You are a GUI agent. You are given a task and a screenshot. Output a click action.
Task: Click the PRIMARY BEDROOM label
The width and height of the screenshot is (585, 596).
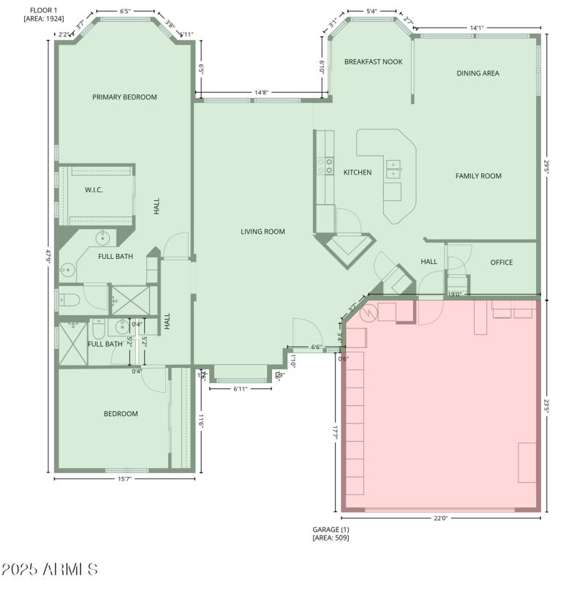pos(124,97)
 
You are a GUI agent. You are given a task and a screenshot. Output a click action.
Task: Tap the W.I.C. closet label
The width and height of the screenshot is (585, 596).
pos(94,190)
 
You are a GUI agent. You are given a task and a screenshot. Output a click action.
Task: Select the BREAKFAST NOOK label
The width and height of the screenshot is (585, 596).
pos(374,62)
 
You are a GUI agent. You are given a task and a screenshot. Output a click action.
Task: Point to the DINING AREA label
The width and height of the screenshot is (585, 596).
pos(478,73)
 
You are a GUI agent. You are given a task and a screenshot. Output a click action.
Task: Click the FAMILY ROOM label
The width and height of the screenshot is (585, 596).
pos(478,176)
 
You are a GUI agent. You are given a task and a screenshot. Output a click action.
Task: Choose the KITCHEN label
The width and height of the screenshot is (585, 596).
pos(358,173)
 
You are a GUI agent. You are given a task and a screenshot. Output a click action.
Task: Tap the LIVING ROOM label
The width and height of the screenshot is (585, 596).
pos(263,232)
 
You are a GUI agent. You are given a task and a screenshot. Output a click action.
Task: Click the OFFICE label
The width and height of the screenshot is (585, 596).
pos(502,263)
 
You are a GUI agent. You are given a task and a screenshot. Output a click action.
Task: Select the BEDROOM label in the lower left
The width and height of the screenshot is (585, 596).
pos(121,414)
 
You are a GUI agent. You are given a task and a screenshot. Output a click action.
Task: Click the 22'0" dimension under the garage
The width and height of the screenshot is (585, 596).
pos(440,518)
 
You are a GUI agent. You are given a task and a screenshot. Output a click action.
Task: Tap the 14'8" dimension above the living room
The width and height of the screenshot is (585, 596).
pos(261,93)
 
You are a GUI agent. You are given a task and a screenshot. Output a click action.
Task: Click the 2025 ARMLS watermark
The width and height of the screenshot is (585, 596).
pos(50,569)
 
